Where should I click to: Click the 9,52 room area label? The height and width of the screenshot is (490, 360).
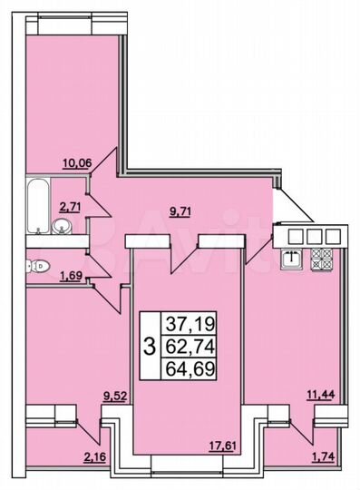coord(115,396)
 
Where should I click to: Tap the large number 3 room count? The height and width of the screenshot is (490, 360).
coord(149,345)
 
